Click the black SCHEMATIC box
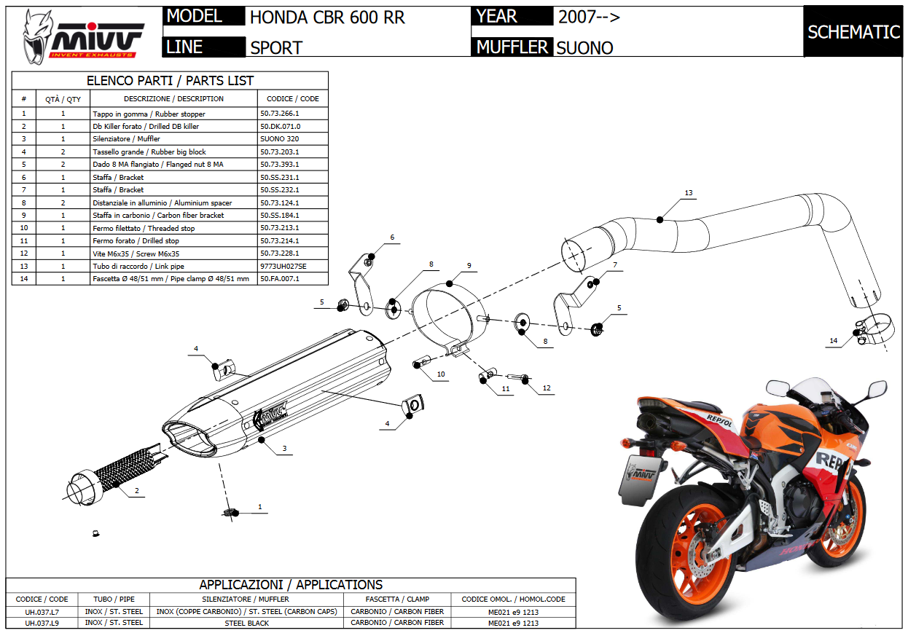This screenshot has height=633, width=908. (853, 32)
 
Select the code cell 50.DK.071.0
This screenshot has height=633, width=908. (281, 126)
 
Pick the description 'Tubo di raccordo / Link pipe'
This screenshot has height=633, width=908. (138, 266)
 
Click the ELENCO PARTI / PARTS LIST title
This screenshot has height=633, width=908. (170, 80)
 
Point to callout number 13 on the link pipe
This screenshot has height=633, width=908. (688, 194)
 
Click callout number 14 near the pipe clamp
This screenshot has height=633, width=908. (834, 340)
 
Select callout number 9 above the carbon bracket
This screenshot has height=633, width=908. (469, 265)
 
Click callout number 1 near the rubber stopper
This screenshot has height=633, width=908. (260, 506)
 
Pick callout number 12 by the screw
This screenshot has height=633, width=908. (547, 388)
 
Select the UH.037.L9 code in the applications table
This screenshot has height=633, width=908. (42, 623)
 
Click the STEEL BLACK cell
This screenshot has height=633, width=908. (246, 623)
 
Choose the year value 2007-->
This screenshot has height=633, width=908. (590, 17)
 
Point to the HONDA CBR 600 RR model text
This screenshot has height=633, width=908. (327, 17)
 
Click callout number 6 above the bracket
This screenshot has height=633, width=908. (391, 237)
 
